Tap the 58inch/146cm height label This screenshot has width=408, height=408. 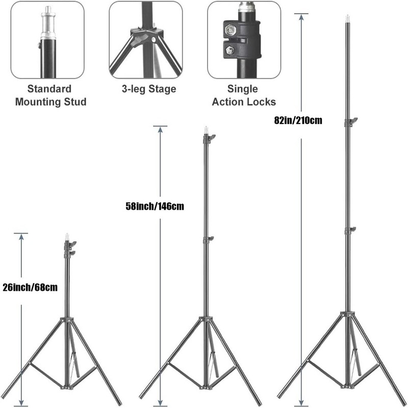click(x=154, y=207)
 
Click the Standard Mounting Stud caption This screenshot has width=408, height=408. click(x=50, y=95)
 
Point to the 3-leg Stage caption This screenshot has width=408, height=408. click(x=148, y=89)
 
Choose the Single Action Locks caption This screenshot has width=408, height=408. click(x=243, y=95)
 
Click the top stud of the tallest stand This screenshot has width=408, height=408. click(x=349, y=20)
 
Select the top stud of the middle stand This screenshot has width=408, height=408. click(x=207, y=130)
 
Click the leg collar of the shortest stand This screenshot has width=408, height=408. click(x=66, y=320)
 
